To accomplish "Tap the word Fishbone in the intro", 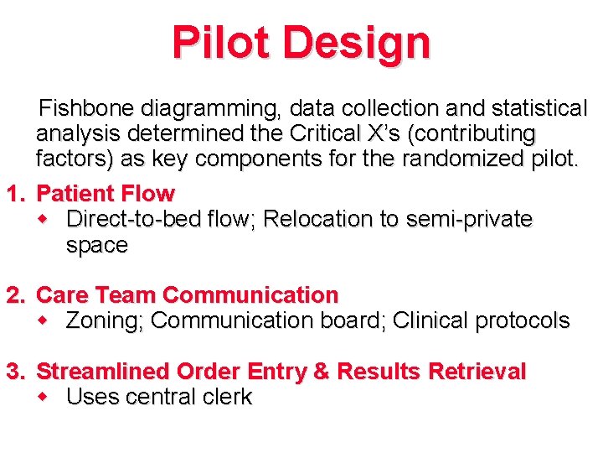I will (88, 109).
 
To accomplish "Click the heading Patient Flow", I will (106, 194).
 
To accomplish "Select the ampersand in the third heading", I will (322, 372).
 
